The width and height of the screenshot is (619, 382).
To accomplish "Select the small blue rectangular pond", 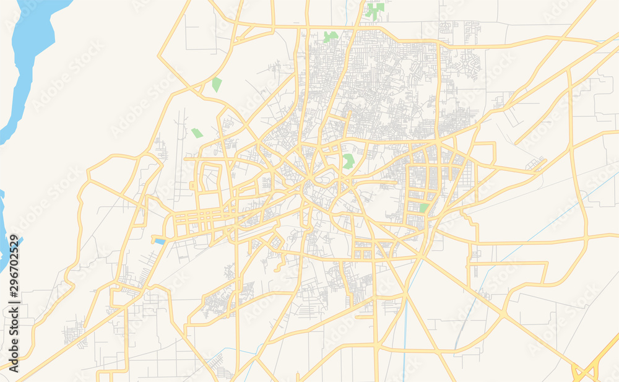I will point(159,241).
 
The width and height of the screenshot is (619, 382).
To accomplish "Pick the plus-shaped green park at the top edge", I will point(374,9).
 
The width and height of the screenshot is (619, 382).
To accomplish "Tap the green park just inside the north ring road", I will point(331,37).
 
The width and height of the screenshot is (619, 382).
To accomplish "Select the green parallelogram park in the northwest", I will point(216,85).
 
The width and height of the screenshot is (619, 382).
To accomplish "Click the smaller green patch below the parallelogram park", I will point(197,132).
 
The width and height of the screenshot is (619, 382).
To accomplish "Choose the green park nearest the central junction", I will point(348,162).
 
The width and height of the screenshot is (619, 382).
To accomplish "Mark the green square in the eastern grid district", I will point(424,208).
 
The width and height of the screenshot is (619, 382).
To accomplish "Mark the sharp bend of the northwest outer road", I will point(159,59).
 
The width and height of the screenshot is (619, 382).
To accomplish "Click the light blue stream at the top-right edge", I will point(604,41).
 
